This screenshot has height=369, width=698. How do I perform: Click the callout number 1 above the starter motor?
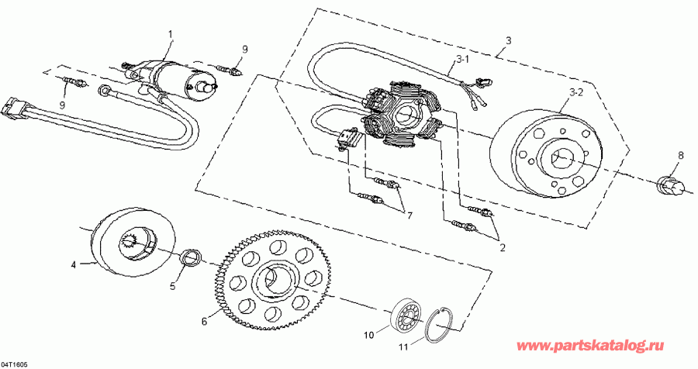point(171,33)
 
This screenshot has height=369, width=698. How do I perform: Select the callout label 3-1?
point(462,58)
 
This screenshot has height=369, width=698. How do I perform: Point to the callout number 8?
point(681,155)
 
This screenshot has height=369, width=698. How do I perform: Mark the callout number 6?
point(205,320)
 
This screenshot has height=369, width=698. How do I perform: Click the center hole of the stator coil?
point(405,116)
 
